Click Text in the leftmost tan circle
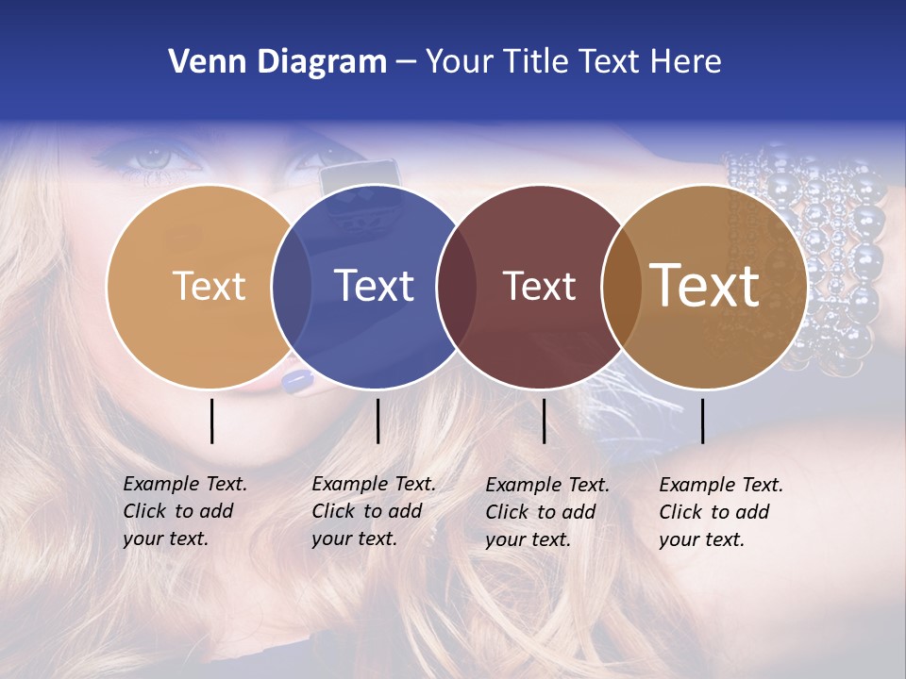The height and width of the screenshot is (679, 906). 209,286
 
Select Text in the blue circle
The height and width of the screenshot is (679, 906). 375,286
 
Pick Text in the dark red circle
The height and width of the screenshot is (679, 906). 539,286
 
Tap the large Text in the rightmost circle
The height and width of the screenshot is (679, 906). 705,285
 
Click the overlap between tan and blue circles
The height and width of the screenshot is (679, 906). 292,286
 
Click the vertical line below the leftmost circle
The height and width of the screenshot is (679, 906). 211,421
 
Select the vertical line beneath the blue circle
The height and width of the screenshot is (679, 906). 377,421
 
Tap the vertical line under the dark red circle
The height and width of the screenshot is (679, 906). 544,421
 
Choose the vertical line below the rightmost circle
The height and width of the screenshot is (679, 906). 702,421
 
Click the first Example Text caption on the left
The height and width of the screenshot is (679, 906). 185,511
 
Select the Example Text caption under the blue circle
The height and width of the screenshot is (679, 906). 374,511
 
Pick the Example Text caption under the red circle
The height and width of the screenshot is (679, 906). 547,512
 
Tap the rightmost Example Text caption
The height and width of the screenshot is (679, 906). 721,512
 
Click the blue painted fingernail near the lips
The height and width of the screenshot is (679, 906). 296,381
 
